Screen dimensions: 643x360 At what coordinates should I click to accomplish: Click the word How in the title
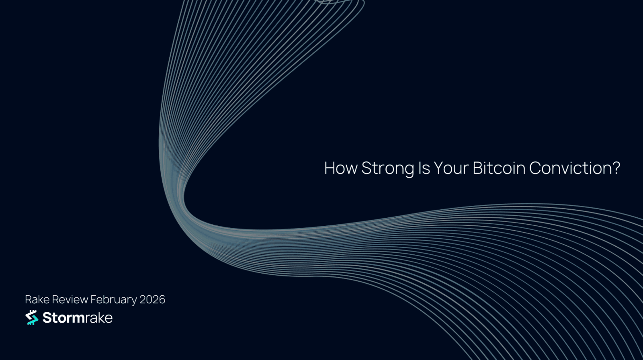341,168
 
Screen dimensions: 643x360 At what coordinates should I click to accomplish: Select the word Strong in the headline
387,169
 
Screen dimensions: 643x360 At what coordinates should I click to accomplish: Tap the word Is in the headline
424,168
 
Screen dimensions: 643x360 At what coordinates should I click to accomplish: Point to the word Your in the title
451,168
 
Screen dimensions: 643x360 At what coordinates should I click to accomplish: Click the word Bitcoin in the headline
499,168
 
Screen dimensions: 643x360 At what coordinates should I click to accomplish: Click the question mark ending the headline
616,168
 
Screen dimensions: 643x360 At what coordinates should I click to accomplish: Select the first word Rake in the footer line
37,299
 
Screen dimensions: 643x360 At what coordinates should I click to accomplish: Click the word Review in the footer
70,299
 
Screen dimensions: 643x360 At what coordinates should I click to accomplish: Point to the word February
114,300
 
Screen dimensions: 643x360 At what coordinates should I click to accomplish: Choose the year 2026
152,299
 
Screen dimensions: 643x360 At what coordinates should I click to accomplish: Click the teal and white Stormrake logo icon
32,317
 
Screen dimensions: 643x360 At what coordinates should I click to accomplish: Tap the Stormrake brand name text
78,317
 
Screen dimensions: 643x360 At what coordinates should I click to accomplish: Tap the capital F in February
94,299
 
